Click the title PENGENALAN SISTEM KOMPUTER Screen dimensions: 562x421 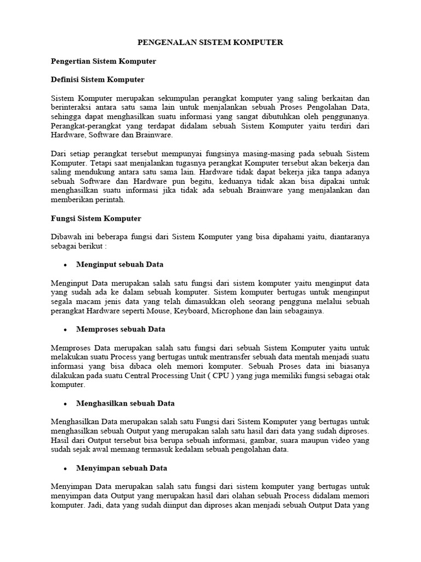coord(210,42)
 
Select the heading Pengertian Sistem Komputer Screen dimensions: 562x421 coord(103,61)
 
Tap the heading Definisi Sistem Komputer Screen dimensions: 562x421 coord(97,80)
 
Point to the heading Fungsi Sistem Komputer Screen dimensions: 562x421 coord(95,218)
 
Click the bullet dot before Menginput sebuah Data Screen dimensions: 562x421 coord(65,265)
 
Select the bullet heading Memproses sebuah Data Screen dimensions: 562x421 coord(121,329)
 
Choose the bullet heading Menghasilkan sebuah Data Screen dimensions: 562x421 coord(126,403)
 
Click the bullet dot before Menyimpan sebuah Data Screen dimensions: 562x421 coord(65,469)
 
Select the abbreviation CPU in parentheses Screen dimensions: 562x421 coord(220,376)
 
